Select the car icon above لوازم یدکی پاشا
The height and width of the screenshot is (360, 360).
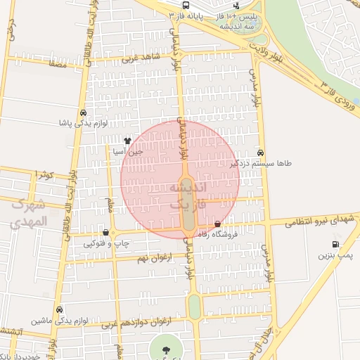click(84, 112)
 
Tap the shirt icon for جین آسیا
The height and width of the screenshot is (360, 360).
click(127, 141)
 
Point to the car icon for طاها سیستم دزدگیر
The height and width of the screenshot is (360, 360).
click(261, 153)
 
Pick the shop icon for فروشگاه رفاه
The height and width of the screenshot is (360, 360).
click(226, 224)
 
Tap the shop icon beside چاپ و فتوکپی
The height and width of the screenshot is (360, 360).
click(105, 232)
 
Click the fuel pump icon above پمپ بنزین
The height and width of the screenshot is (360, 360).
click(335, 245)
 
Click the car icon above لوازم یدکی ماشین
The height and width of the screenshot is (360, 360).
click(60, 309)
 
